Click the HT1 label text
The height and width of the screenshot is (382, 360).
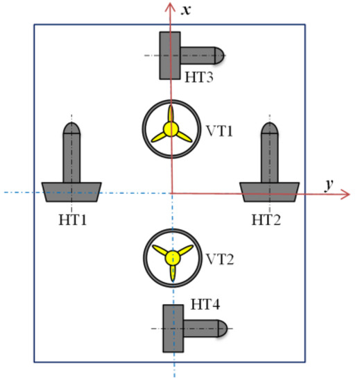(73, 219)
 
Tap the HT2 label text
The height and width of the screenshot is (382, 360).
(266, 219)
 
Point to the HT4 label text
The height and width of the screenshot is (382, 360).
(205, 304)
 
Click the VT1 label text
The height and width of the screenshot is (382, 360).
(219, 131)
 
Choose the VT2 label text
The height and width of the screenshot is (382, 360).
(220, 259)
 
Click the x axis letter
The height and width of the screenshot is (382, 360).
(186, 10)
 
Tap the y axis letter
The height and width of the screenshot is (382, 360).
(329, 185)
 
